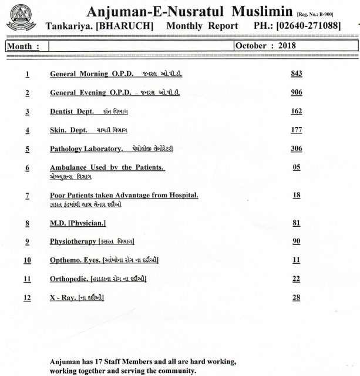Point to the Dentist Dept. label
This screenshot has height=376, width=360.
tap(71, 112)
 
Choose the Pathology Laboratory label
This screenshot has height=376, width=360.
tap(86, 149)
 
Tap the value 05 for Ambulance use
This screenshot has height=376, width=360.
tap(296, 167)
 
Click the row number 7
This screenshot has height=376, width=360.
tap(27, 195)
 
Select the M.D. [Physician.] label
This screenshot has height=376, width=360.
tap(78, 223)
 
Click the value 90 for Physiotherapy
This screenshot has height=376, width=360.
tap(296, 241)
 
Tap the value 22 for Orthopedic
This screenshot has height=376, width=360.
tap(296, 278)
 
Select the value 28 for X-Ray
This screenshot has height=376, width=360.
tap(296, 298)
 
